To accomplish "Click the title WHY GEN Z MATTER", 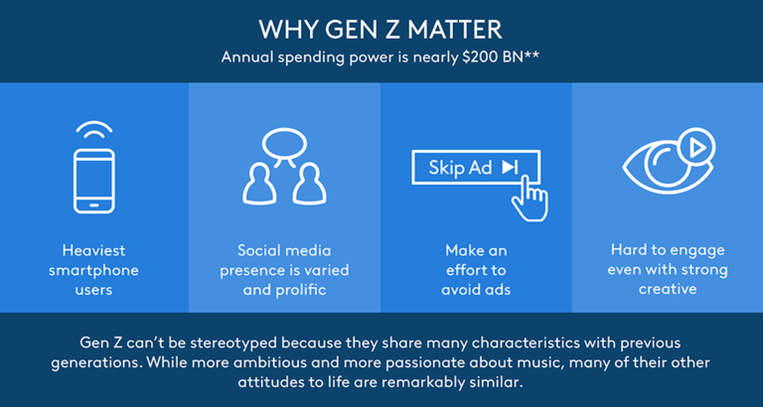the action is [x=381, y=30].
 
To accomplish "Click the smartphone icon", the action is [x=94, y=181].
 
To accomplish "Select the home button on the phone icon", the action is [x=94, y=205].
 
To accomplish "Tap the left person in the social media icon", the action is [x=260, y=184].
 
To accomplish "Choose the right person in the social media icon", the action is [x=309, y=184].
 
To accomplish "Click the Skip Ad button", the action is [x=476, y=168].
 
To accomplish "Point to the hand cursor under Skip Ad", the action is [x=531, y=199].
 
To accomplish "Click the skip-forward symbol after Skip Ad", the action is [x=510, y=168].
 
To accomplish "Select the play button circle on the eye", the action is [x=697, y=147].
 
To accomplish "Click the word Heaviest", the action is [x=94, y=251].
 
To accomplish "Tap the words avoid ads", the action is [x=476, y=290].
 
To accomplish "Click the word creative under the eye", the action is [x=668, y=289].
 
